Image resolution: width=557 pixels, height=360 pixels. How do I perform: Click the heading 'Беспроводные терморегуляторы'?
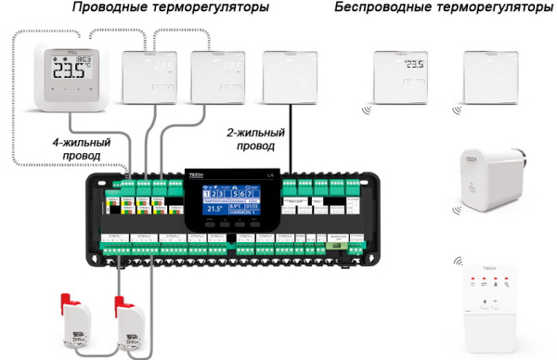[442, 8]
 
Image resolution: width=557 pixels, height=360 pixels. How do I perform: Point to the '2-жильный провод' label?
[256, 139]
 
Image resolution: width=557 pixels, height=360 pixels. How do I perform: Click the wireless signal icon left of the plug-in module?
[458, 264]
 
